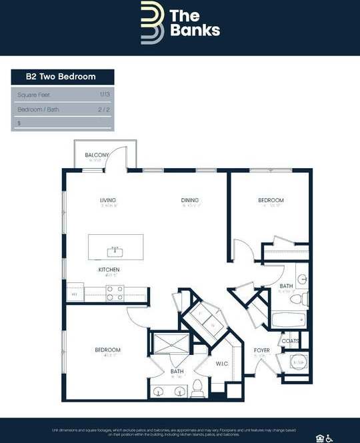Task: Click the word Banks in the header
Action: pos(194,30)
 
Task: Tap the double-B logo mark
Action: pos(152,23)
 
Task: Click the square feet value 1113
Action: pos(105,95)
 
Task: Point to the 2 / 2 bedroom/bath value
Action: pos(104,109)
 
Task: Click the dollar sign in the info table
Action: pos(19,123)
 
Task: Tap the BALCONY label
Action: pos(97,155)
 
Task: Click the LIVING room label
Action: pos(108,200)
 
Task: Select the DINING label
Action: pos(190,200)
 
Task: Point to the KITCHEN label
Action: pos(109,270)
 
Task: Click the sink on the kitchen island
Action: pos(115,251)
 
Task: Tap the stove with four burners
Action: pos(115,292)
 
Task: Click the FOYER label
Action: pos(261,350)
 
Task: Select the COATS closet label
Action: pos(290,341)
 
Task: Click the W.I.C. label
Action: pos(222,364)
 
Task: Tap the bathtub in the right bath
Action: pos(288,320)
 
